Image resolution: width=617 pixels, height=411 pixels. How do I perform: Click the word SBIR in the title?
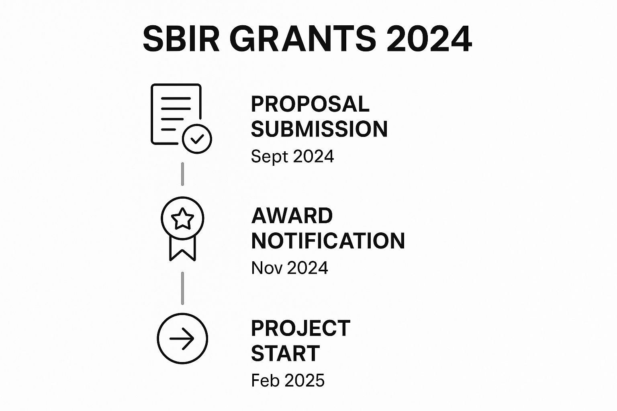pos(181,39)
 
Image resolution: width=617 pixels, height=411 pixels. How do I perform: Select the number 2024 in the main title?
pos(429,39)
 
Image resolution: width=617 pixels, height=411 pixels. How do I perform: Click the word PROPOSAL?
pos(310,104)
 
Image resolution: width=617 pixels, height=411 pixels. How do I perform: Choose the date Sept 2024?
pos(292,157)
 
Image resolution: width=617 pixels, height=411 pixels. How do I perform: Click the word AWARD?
pos(292,216)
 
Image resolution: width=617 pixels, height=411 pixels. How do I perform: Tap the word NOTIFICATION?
pos(328,240)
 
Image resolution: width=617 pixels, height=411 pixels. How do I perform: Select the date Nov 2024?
pos(290,268)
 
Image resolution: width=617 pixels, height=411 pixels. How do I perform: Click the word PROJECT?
pos(301,328)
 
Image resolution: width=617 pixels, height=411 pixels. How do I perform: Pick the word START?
pos(285,353)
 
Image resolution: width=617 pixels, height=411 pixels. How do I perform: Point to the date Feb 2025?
pos(288,380)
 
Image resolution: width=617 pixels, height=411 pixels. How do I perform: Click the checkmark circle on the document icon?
pos(197,139)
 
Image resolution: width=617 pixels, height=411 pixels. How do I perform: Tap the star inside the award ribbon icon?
pos(182,219)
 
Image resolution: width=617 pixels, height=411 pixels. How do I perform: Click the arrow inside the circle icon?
pos(182,339)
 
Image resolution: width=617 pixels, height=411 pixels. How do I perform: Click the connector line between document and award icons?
pos(182,174)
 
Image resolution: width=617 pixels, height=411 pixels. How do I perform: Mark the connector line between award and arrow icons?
pos(182,288)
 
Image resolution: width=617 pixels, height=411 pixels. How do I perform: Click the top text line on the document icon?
pos(176,98)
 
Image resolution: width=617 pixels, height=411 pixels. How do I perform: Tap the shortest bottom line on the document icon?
pos(168,129)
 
